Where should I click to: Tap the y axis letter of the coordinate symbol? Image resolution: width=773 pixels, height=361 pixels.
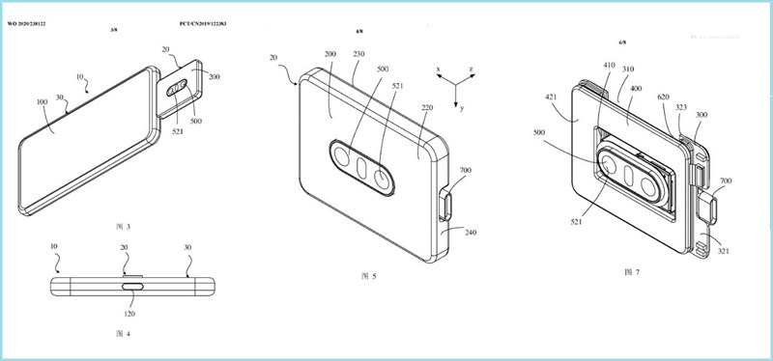click(462, 108)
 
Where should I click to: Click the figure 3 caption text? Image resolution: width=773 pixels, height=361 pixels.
click(122, 226)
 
